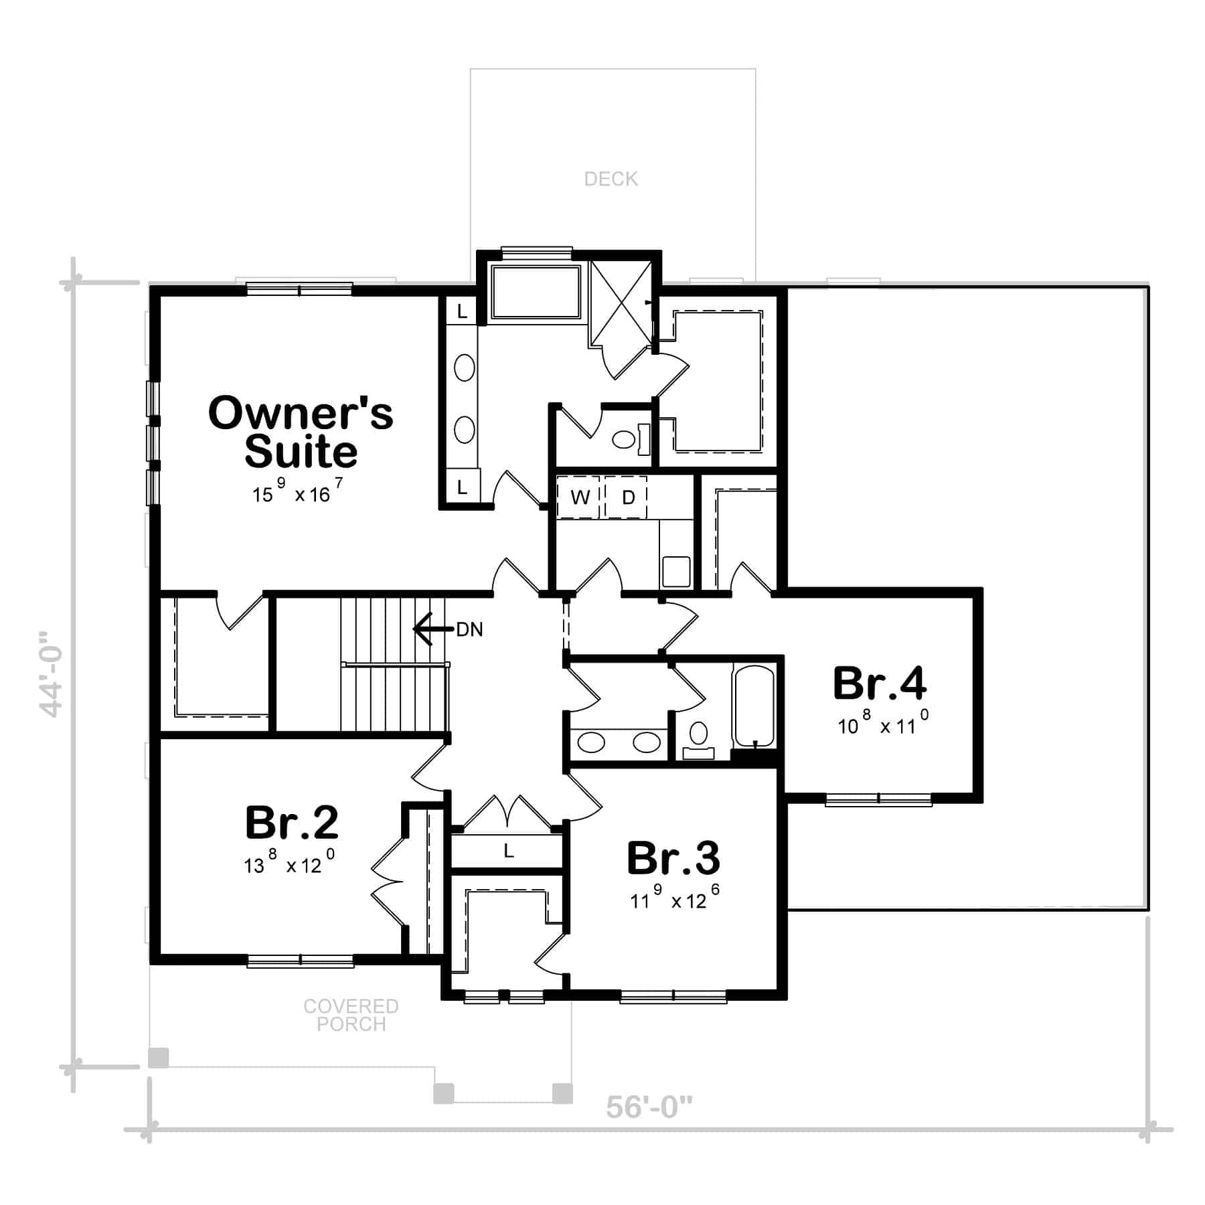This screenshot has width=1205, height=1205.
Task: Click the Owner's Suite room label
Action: point(301,432)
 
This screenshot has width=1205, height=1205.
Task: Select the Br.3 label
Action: point(673,858)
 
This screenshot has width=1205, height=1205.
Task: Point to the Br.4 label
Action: point(879,684)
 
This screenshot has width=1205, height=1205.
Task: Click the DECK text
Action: point(611,179)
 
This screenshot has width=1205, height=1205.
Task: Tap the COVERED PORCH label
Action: point(351,1015)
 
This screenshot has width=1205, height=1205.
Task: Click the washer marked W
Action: point(580,497)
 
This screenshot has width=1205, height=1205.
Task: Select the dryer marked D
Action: point(628,497)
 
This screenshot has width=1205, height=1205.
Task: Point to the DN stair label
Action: point(469,630)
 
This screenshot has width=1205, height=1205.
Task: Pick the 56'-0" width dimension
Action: point(649,1108)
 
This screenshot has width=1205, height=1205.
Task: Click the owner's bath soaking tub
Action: point(536,293)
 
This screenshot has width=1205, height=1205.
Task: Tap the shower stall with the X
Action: point(621,303)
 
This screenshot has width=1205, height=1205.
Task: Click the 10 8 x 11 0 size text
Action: point(883,724)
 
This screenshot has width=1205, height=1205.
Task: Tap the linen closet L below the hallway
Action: point(508,851)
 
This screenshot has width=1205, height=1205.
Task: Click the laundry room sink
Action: point(675,571)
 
